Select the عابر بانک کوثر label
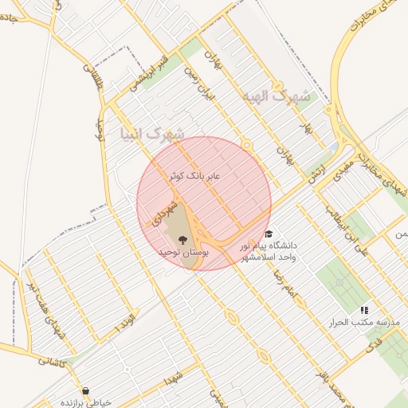196,175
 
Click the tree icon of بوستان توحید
183,238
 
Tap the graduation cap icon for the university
269,234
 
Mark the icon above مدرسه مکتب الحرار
364,309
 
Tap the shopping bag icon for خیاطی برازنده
86,390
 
